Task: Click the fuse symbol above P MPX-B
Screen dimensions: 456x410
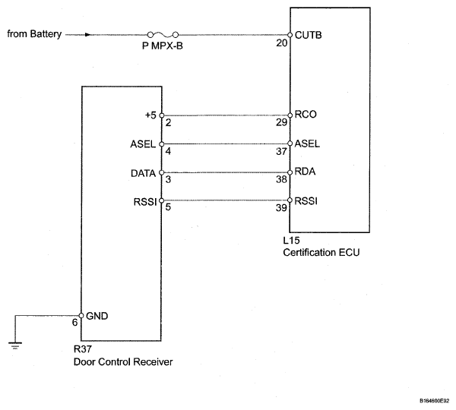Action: [x=163, y=35]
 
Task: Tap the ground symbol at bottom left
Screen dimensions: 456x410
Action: [x=15, y=345]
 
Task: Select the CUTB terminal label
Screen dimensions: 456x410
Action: [x=309, y=35]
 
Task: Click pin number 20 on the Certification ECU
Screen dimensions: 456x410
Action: [x=281, y=43]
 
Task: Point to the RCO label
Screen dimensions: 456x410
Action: [x=306, y=115]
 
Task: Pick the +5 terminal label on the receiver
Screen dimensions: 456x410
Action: [x=150, y=115]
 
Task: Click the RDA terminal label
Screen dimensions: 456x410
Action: [x=305, y=172]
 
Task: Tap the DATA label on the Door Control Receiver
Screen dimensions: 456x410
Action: [x=144, y=173]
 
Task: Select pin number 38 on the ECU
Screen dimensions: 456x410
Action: [x=281, y=180]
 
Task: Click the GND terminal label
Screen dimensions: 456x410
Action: [x=97, y=316]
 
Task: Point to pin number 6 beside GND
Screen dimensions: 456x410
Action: [x=74, y=323]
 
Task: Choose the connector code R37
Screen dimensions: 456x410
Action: [x=83, y=348]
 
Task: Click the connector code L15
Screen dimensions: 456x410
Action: [x=291, y=241]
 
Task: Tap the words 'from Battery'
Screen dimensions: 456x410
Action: [x=34, y=34]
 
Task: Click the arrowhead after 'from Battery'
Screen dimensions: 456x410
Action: [x=87, y=35]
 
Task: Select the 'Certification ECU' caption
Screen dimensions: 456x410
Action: [x=321, y=253]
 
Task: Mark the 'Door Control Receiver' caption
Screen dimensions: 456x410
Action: [x=123, y=361]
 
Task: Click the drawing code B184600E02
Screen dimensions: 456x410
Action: [x=435, y=401]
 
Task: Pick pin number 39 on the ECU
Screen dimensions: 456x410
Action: [x=281, y=208]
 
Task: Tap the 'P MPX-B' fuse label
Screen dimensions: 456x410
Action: [x=163, y=46]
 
